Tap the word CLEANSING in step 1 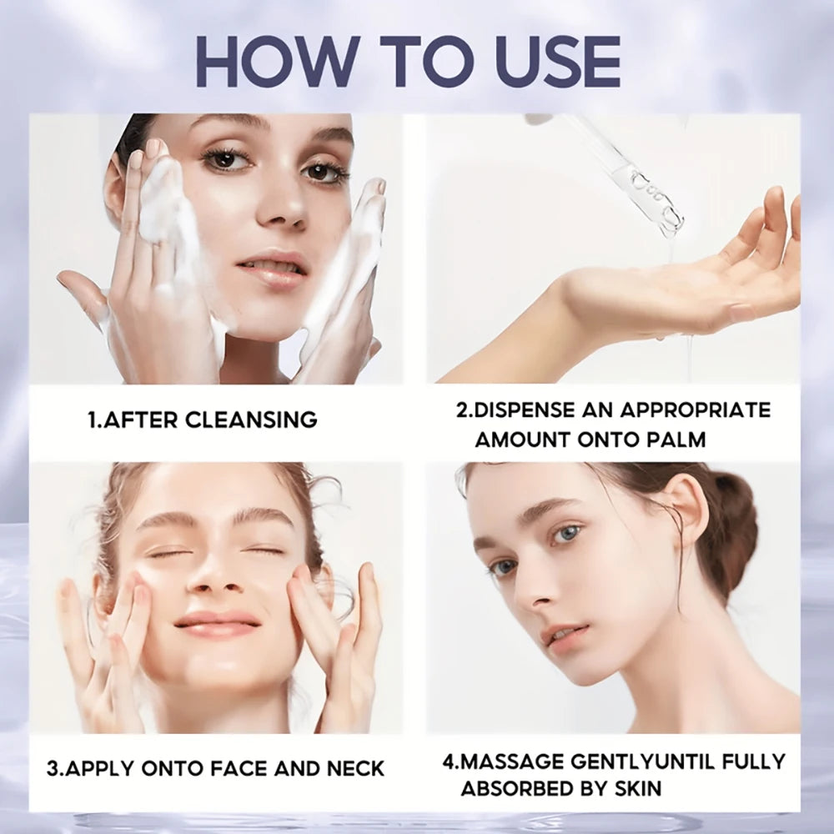251,420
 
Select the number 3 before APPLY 52,768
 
